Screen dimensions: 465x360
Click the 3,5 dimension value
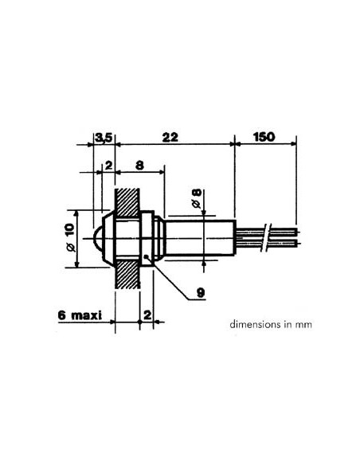click(x=104, y=137)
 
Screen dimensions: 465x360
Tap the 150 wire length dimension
click(x=264, y=137)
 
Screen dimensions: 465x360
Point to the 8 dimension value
click(x=140, y=166)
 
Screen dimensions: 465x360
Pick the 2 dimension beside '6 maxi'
click(x=147, y=315)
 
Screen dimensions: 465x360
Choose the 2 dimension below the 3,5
click(x=108, y=166)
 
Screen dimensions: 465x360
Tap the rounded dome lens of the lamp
click(x=97, y=237)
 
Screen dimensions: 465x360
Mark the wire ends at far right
click(x=293, y=236)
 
